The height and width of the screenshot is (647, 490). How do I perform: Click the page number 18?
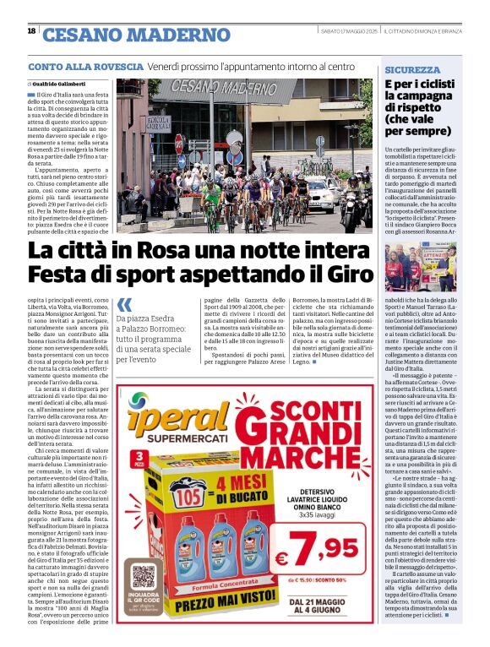31,31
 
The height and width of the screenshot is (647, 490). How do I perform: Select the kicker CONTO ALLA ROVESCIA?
85,66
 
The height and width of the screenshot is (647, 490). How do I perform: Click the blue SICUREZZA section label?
411,69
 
